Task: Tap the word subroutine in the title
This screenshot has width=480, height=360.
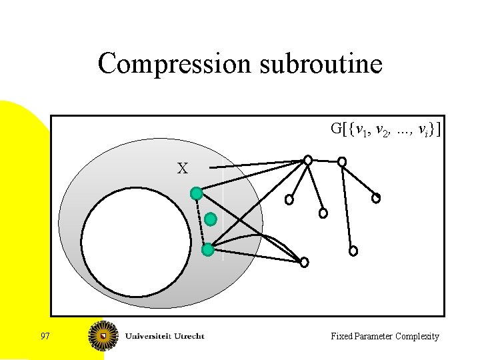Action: (319, 64)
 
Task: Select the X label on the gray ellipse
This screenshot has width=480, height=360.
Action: (182, 169)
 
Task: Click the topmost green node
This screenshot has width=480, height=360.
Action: (196, 193)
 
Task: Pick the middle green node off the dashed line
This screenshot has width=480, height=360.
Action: (211, 219)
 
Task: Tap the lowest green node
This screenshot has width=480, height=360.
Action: (207, 250)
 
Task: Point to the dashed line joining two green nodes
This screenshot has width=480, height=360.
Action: (201, 223)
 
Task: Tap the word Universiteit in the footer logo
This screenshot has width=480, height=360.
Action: (149, 336)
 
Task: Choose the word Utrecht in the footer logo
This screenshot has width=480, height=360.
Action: (189, 336)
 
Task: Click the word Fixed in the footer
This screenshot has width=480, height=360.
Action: (341, 337)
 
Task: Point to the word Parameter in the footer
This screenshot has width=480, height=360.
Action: (374, 337)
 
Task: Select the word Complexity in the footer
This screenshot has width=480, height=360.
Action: (418, 337)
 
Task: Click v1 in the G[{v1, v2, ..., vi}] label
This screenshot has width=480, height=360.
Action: (361, 130)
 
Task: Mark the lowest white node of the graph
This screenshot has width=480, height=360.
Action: (304, 262)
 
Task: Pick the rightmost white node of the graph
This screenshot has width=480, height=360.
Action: (376, 198)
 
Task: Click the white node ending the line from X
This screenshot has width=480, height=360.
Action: (307, 160)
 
